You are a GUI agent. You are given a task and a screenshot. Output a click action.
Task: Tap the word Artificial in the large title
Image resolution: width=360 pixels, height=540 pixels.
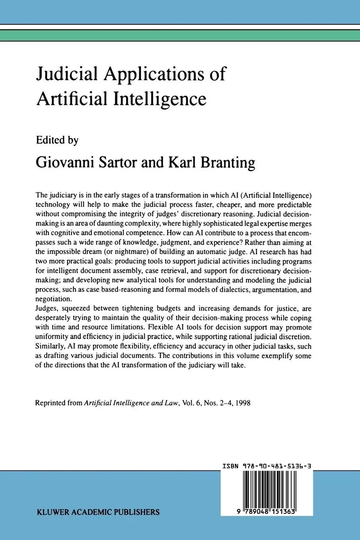pos(72,98)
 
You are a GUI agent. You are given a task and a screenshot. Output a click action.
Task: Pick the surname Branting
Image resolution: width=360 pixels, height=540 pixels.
pos(227,162)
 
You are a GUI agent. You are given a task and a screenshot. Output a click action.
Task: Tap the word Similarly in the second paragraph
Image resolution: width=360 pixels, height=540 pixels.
pos(50,346)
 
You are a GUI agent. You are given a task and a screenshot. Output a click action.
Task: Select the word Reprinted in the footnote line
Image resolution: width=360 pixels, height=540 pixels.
pos(50,403)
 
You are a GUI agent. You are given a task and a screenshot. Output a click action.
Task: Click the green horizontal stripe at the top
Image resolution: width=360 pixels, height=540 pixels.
pos(180,35)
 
